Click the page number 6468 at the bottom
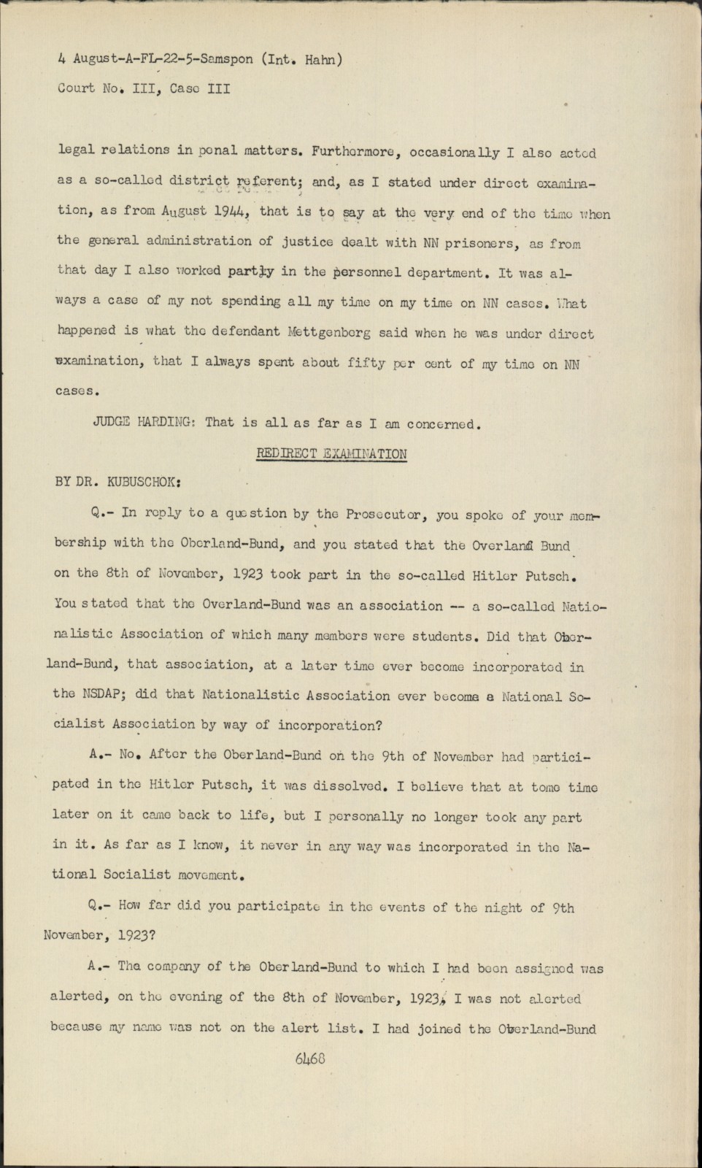tap(311, 1058)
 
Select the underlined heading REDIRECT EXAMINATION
tap(331, 453)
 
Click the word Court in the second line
tap(76, 88)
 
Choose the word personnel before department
tap(379, 272)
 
